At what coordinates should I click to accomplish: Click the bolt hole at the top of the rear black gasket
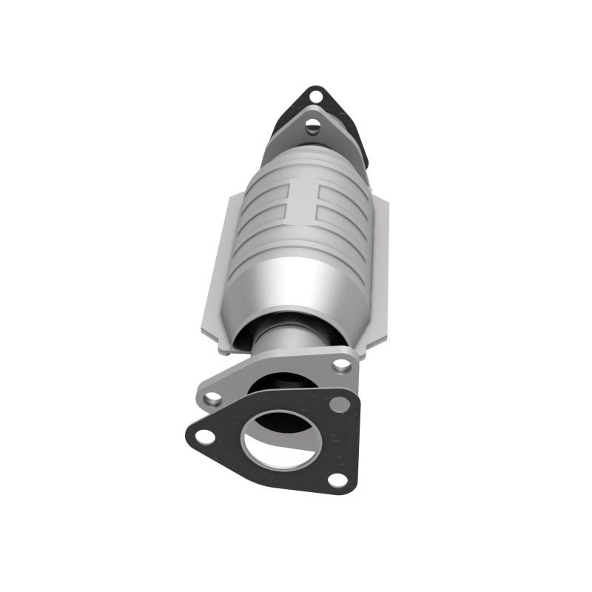pos(316,95)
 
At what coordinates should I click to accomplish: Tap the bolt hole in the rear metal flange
pos(313,125)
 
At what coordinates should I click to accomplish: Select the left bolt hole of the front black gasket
pos(205,437)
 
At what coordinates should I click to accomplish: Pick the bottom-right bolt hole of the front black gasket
pos(337,480)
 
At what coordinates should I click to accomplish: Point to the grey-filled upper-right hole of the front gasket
pos(340,404)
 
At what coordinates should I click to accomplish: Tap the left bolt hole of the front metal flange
pos(213,397)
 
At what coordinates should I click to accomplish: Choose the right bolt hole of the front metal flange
pos(341,364)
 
